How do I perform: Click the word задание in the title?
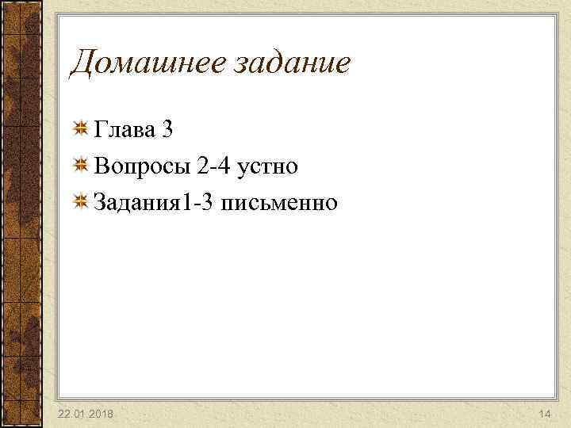pyautogui.click(x=292, y=64)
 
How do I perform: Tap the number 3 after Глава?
pyautogui.click(x=167, y=130)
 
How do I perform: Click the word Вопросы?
pyautogui.click(x=138, y=166)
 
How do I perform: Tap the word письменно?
pyautogui.click(x=280, y=203)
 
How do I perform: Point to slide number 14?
pyautogui.click(x=544, y=415)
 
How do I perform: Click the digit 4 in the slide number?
pyautogui.click(x=547, y=415)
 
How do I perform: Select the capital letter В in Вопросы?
pyautogui.click(x=101, y=166)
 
